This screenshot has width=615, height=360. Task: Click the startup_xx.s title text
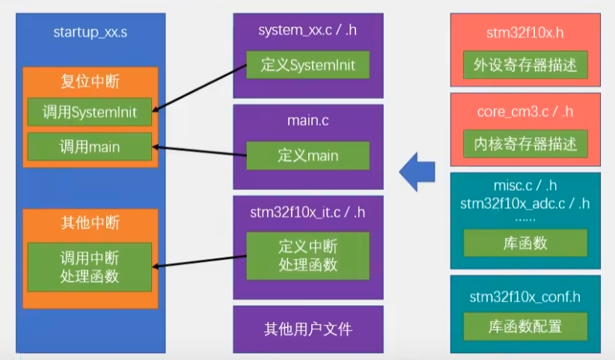91,31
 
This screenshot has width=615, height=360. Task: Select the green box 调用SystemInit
90,112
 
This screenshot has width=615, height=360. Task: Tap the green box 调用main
90,147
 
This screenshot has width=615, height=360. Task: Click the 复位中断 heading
90,82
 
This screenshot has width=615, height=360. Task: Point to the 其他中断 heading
90,223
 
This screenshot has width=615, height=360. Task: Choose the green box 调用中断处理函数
90,267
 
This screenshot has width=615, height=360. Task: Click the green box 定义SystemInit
308,65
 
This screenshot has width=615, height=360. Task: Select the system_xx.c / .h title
308,31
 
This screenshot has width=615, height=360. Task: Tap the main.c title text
308,120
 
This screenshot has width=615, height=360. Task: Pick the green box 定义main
308,156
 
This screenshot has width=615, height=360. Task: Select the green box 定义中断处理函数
308,254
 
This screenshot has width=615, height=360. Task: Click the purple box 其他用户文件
308,329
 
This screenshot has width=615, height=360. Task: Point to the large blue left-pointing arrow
417,174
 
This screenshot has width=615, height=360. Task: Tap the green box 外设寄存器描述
525,65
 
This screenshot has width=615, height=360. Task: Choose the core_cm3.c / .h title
525,112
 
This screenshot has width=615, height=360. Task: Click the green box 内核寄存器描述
525,144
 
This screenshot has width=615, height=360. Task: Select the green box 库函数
525,243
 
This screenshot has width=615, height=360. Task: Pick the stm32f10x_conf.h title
525,296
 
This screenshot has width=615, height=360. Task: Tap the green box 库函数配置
525,326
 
